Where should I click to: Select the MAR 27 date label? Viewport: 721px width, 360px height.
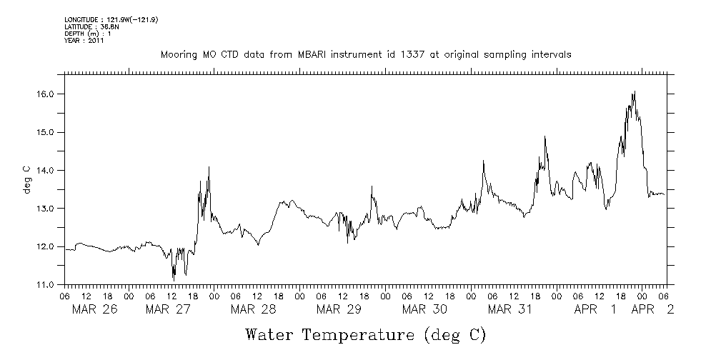point(166,309)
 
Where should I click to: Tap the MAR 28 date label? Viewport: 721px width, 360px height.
point(253,309)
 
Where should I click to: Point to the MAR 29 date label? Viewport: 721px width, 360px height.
point(339,309)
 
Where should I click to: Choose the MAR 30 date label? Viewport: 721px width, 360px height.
point(424,309)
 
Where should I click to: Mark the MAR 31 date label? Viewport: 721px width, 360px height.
point(510,309)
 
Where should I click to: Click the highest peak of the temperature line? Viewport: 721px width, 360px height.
point(634,91)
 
